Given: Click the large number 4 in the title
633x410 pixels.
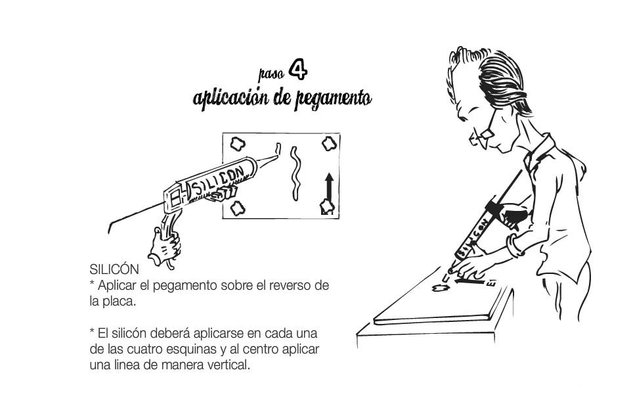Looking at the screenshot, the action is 298,70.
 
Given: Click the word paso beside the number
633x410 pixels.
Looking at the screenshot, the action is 271,74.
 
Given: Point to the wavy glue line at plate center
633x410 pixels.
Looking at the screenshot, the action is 295,173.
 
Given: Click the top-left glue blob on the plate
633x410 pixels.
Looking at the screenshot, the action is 238,143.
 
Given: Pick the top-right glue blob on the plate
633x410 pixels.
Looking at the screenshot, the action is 329,143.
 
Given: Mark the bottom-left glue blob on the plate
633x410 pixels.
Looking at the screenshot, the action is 238,208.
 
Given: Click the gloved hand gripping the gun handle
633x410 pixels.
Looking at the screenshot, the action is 164,246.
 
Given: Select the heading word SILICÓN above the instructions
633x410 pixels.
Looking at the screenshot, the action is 114,269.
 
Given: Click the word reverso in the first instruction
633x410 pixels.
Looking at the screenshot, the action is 290,285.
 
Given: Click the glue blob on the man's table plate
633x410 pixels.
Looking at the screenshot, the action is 441,288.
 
